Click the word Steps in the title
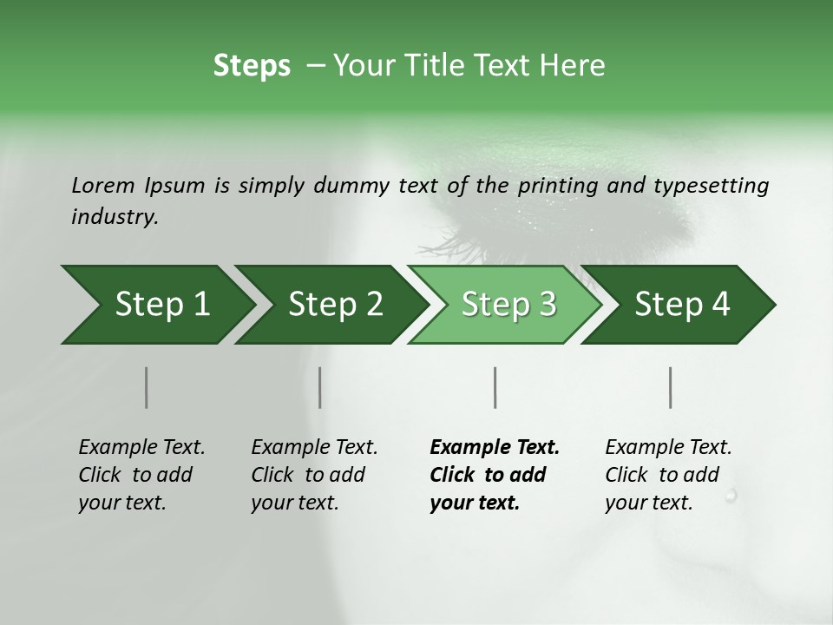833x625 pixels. (252, 66)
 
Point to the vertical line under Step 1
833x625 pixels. (146, 387)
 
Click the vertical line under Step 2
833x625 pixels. (320, 387)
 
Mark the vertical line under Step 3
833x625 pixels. (495, 387)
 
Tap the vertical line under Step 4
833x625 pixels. (671, 387)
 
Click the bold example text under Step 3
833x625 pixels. (495, 475)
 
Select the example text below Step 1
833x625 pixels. (141, 475)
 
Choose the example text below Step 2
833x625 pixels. (314, 475)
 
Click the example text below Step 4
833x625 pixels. (668, 475)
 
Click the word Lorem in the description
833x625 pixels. (102, 185)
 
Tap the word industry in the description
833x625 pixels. (114, 216)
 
